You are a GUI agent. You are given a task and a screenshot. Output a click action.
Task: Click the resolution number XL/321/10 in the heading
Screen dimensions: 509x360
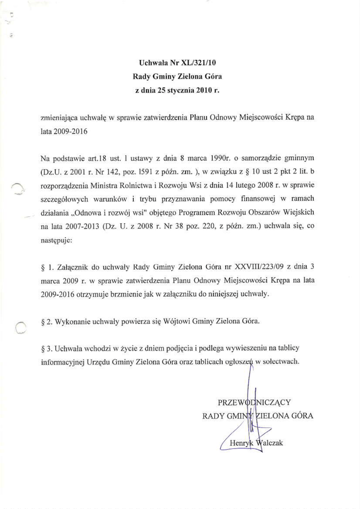click(198, 63)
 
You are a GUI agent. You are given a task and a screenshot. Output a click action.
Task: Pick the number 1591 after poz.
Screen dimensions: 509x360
click(133, 172)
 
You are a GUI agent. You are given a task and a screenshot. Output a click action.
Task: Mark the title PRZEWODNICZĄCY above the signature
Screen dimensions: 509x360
click(254, 402)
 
